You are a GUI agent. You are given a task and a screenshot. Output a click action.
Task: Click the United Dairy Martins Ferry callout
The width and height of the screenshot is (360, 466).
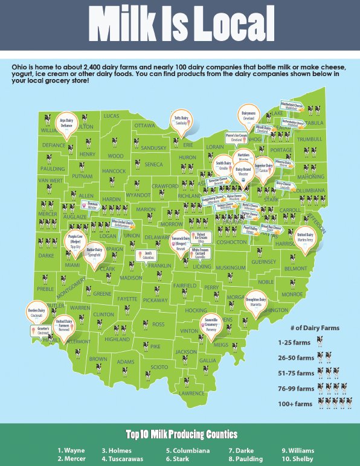(306, 237)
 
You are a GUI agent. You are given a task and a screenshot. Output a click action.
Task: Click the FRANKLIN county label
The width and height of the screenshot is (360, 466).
(160, 266)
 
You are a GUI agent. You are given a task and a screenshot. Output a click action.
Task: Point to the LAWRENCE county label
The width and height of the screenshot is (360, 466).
(192, 394)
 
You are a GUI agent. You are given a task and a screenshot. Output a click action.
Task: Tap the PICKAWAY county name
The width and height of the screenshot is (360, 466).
(156, 300)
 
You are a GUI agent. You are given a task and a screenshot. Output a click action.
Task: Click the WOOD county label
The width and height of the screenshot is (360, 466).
(115, 156)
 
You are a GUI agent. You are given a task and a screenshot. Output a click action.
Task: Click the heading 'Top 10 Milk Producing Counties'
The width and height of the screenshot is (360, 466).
(181, 435)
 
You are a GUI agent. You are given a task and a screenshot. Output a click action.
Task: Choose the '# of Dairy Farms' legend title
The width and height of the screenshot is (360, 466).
(313, 328)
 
